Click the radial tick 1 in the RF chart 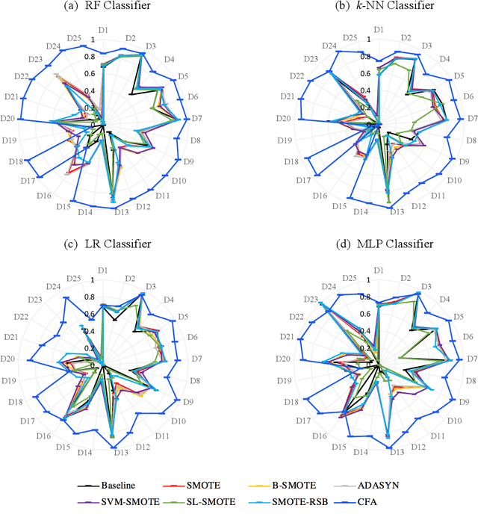coord(93,40)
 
